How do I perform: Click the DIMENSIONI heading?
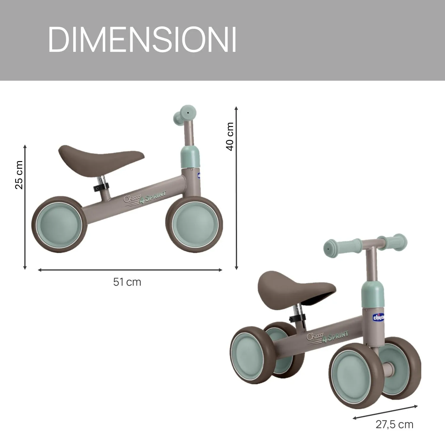coord(142,40)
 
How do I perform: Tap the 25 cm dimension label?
coord(19,175)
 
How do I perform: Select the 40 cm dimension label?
coord(230,136)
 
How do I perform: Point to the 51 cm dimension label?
coord(127,282)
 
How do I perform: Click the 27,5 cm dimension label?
coord(394,425)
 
